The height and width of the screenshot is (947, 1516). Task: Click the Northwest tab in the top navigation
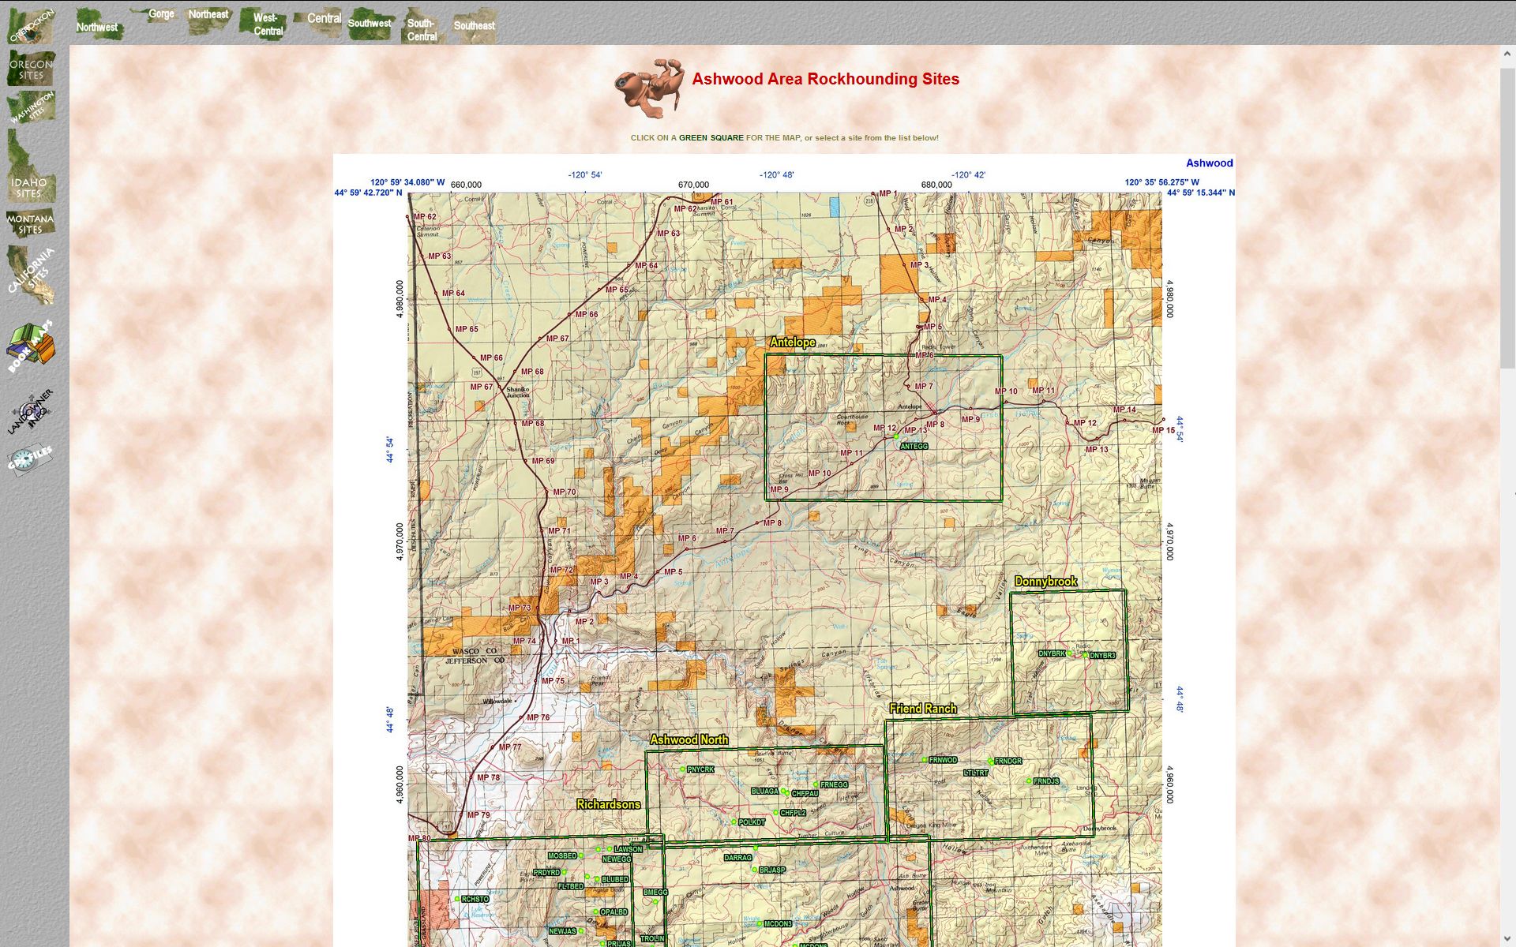point(97,27)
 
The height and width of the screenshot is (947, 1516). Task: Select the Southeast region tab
point(474,25)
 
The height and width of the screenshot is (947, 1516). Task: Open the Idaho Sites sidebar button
point(30,186)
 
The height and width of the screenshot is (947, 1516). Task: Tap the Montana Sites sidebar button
point(30,224)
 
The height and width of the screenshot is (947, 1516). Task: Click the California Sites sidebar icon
point(31,274)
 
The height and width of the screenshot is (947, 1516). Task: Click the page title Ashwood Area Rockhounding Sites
point(825,79)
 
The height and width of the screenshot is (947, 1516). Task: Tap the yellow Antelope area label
point(792,342)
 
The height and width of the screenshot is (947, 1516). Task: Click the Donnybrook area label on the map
point(1045,582)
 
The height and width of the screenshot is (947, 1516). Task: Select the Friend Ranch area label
point(923,709)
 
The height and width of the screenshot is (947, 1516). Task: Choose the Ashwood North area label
point(689,739)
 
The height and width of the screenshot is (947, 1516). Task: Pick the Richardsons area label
point(608,804)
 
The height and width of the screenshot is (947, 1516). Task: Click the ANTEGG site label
point(914,447)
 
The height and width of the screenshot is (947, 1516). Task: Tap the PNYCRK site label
point(700,769)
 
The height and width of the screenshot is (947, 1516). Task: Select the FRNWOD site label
point(943,760)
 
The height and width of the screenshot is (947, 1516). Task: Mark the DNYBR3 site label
point(1102,656)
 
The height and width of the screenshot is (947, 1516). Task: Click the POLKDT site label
point(752,822)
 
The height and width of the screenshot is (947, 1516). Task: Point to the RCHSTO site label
point(475,899)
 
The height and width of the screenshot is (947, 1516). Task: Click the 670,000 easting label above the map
point(693,185)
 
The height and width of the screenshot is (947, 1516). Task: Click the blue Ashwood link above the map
point(1209,163)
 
